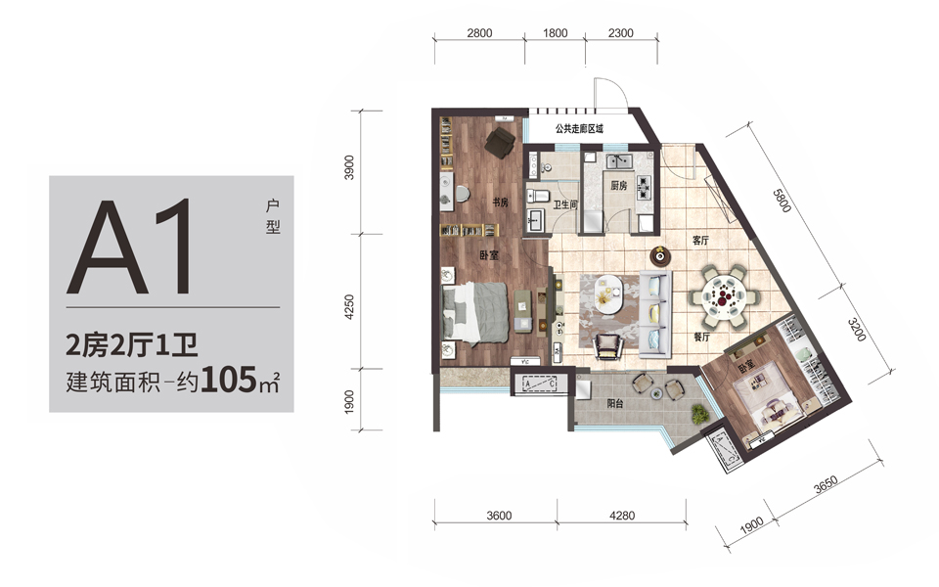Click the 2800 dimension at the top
tap(479, 33)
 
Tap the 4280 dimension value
tap(622, 516)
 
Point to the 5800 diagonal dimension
tap(782, 201)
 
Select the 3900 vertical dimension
tap(349, 167)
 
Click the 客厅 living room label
tap(700, 241)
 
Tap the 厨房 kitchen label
tap(618, 186)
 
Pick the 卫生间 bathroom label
tap(564, 204)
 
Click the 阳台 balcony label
tap(614, 403)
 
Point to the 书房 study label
tap(500, 203)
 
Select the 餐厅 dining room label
tap(701, 337)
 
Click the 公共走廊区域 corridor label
tap(579, 129)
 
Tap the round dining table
tap(724, 296)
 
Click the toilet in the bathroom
tap(538, 196)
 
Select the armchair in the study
tap(500, 143)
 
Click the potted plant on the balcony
tap(698, 413)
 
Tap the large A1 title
tap(130, 248)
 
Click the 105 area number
tap(228, 380)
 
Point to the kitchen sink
tap(619, 161)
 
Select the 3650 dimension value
tap(826, 484)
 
